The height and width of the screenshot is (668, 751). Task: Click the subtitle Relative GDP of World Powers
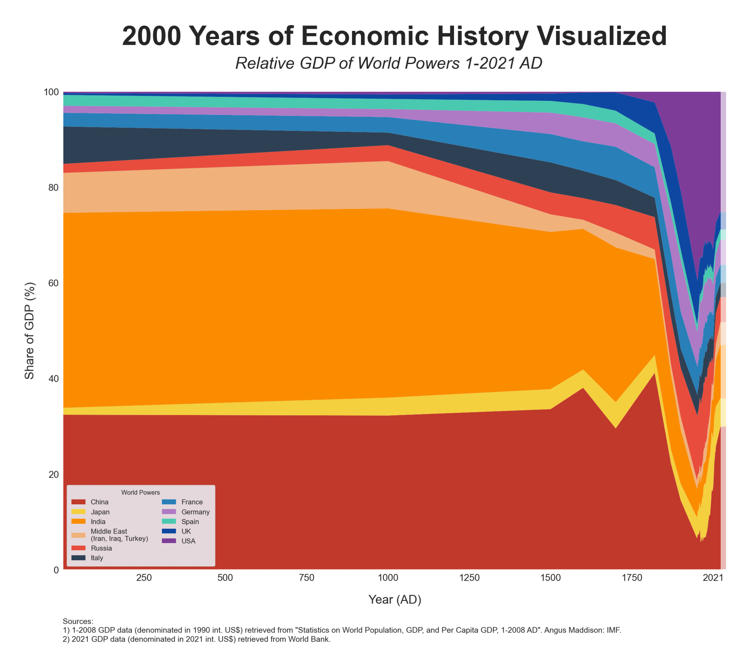389,63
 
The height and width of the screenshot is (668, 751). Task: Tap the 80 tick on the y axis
54,188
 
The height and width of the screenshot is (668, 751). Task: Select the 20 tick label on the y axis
54,474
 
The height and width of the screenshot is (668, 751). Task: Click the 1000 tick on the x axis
388,578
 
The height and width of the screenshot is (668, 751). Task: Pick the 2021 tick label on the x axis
713,578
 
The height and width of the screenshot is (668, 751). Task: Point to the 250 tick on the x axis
144,578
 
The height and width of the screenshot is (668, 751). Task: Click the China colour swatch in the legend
78,502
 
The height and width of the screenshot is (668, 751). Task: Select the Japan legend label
100,512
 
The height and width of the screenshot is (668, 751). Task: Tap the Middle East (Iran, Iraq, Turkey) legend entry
119,535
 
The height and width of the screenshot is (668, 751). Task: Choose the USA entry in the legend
188,541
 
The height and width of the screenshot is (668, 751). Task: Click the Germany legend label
195,512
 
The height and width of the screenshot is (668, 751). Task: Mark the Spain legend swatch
169,522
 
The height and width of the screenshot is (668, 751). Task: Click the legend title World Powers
140,493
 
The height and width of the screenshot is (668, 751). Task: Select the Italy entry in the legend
97,558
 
